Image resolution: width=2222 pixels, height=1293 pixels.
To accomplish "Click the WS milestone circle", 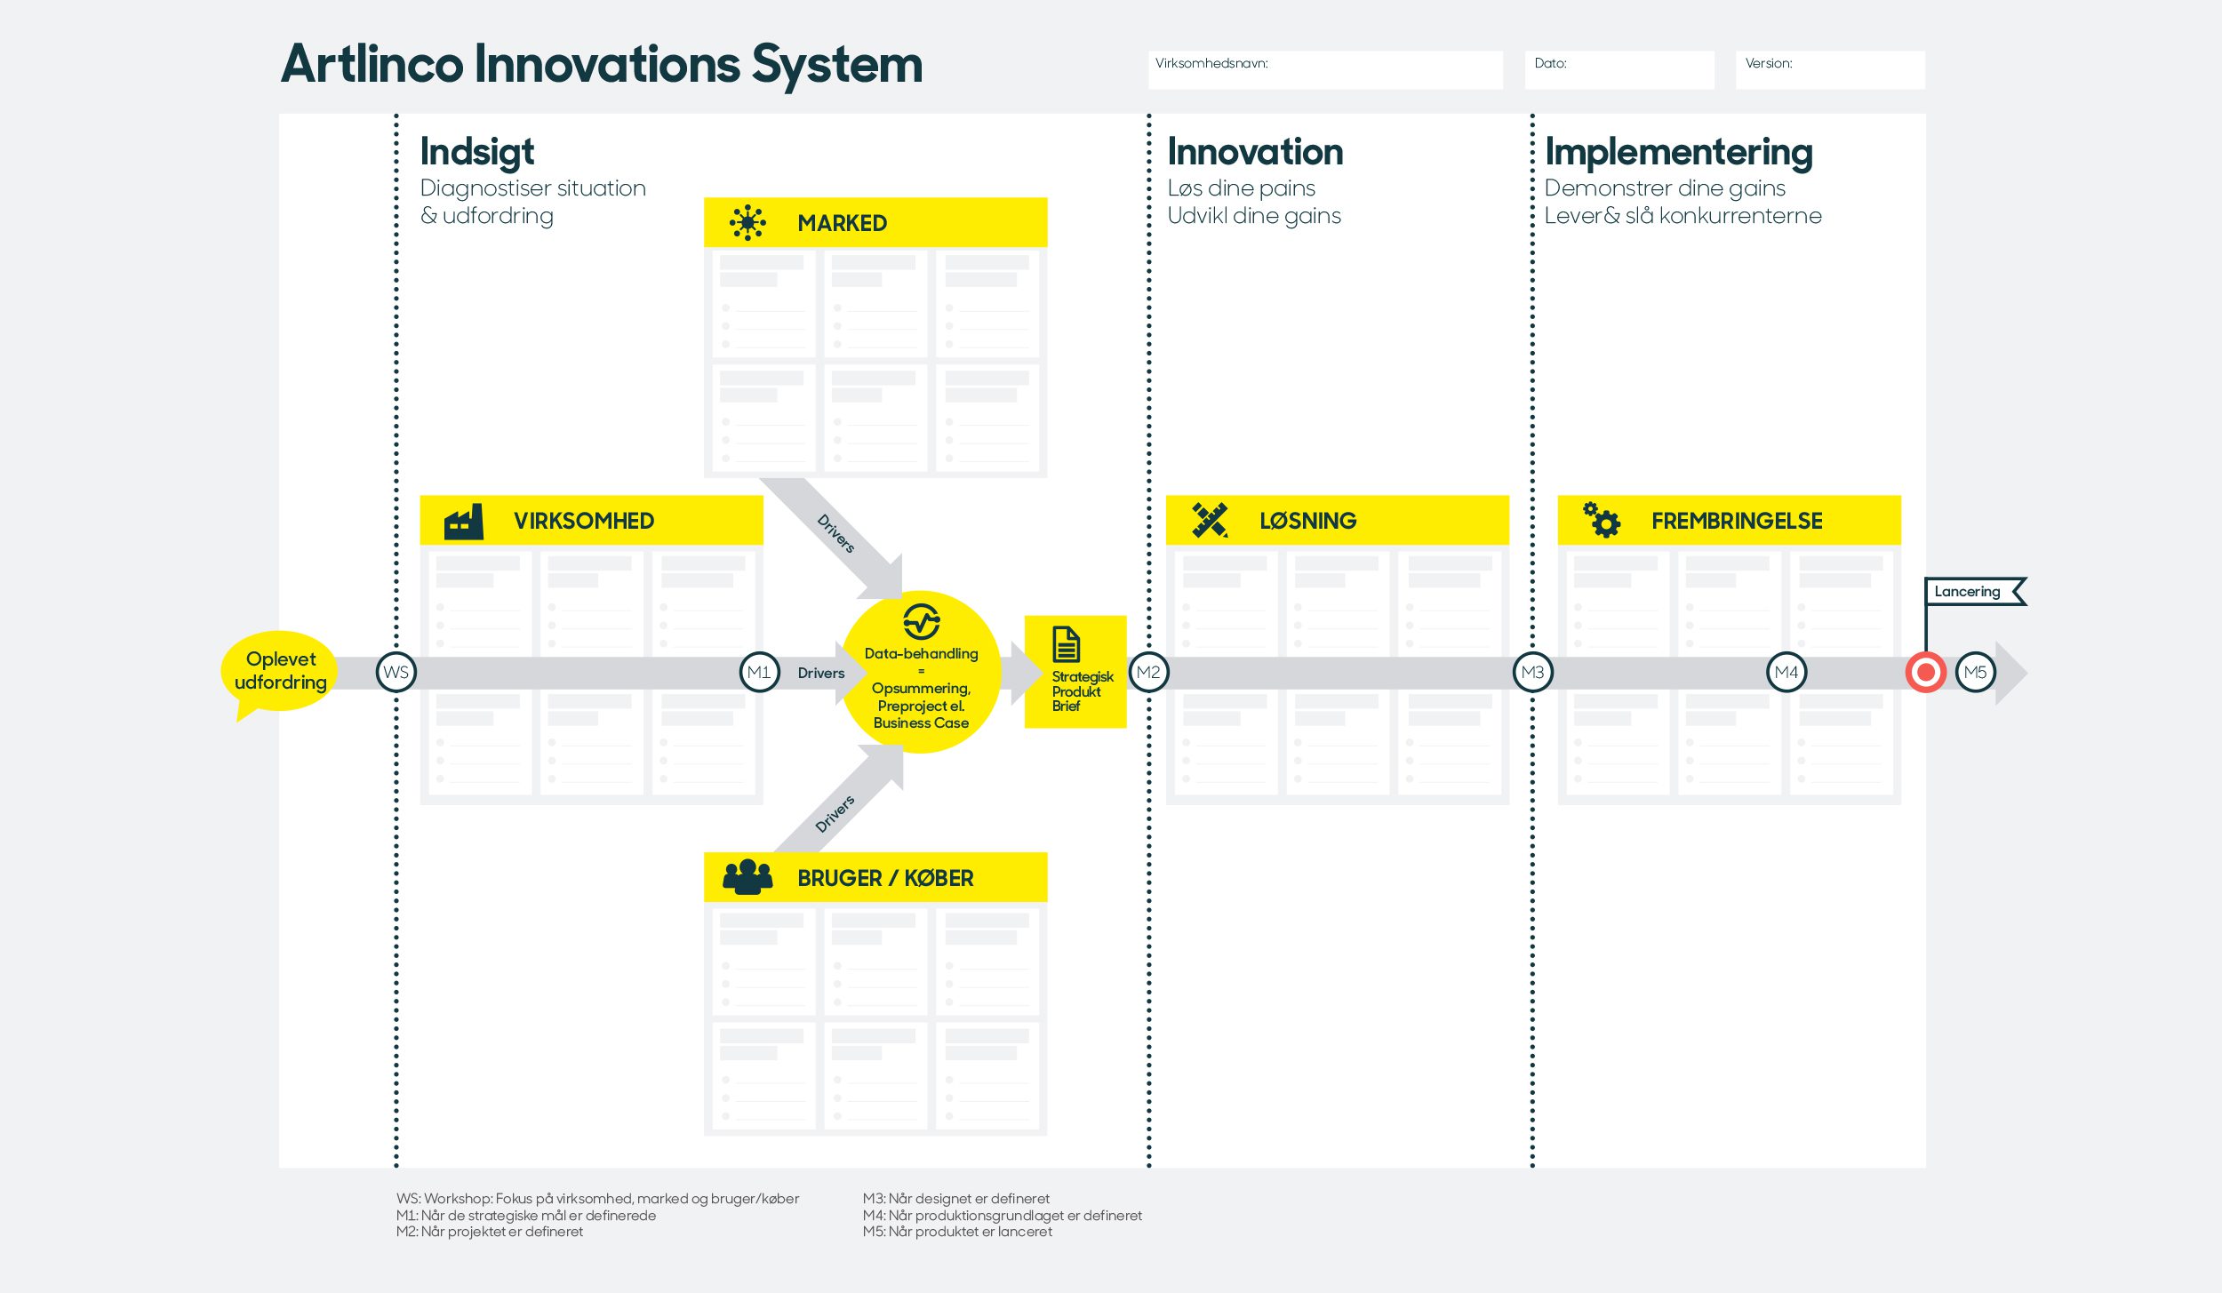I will click(x=396, y=673).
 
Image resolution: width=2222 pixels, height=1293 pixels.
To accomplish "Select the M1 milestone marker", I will click(x=759, y=673).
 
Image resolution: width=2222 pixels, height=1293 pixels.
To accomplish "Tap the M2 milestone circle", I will click(x=1148, y=673).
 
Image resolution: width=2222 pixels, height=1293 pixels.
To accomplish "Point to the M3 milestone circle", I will click(x=1532, y=673).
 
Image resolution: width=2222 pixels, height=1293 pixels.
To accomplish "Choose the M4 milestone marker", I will click(x=1786, y=673).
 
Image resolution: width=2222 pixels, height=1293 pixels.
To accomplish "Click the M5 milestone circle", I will click(x=1975, y=673).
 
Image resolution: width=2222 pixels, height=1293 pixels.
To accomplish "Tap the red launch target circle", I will click(x=1925, y=673).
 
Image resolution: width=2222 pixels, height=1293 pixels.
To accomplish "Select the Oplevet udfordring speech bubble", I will click(x=280, y=672).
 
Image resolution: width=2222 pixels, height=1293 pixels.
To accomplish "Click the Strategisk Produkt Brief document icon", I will click(x=1066, y=644).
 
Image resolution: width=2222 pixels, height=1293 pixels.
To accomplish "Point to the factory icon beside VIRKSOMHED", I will click(x=464, y=522).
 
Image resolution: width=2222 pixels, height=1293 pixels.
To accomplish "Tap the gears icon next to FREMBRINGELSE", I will click(x=1602, y=520).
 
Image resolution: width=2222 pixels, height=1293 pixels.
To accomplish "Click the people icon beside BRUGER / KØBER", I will click(x=747, y=877).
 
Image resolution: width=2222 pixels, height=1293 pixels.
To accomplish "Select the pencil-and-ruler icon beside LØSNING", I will click(x=1210, y=521).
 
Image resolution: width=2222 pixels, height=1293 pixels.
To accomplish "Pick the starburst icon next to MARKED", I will click(x=747, y=222).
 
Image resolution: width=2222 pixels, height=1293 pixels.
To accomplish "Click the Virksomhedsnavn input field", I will click(x=1325, y=70).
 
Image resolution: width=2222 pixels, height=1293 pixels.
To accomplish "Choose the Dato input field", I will click(x=1619, y=70).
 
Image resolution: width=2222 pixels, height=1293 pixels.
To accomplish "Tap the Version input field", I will click(x=1829, y=70).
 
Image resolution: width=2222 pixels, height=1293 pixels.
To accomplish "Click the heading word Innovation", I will click(x=1255, y=152).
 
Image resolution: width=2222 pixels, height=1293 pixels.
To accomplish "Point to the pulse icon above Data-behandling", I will click(x=921, y=621).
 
